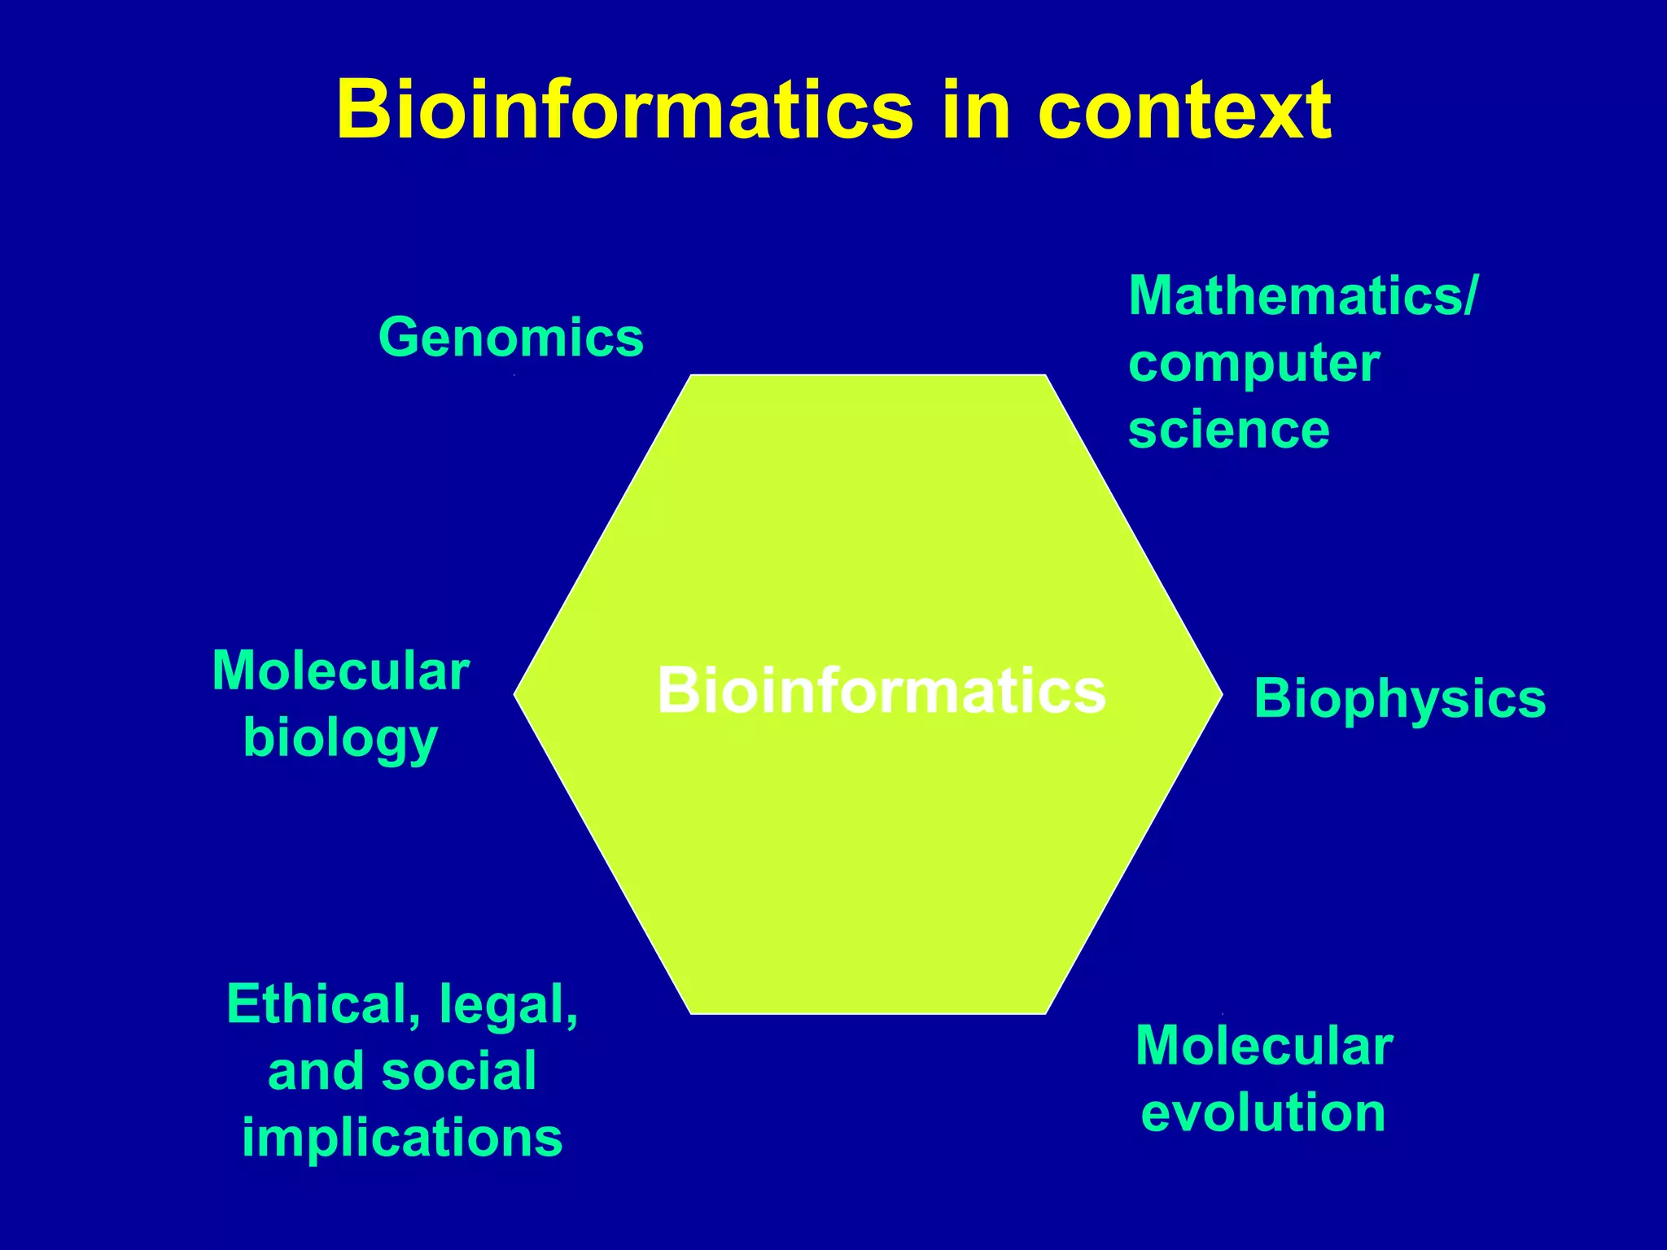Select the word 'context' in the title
tap(1184, 111)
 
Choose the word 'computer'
tap(1254, 363)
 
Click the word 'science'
tap(1229, 430)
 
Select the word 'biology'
tap(341, 739)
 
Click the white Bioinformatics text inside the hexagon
tap(882, 690)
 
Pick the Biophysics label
tap(1400, 698)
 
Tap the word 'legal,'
tap(509, 1004)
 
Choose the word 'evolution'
tap(1263, 1112)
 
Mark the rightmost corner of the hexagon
tap(1221, 694)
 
